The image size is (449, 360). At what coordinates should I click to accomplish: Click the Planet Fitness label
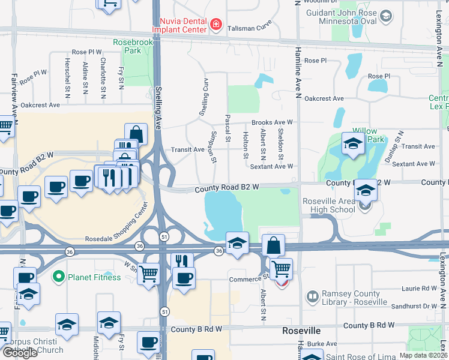[89, 277]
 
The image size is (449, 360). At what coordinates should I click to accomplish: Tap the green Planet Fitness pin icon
[58, 277]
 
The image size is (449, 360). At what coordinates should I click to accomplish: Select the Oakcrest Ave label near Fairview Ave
[40, 105]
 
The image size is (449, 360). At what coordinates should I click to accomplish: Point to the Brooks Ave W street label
[272, 122]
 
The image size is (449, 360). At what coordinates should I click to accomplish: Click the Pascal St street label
[228, 128]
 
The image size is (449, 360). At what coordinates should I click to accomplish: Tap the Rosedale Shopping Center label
[117, 225]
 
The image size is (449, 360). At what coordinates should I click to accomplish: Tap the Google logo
[20, 353]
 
